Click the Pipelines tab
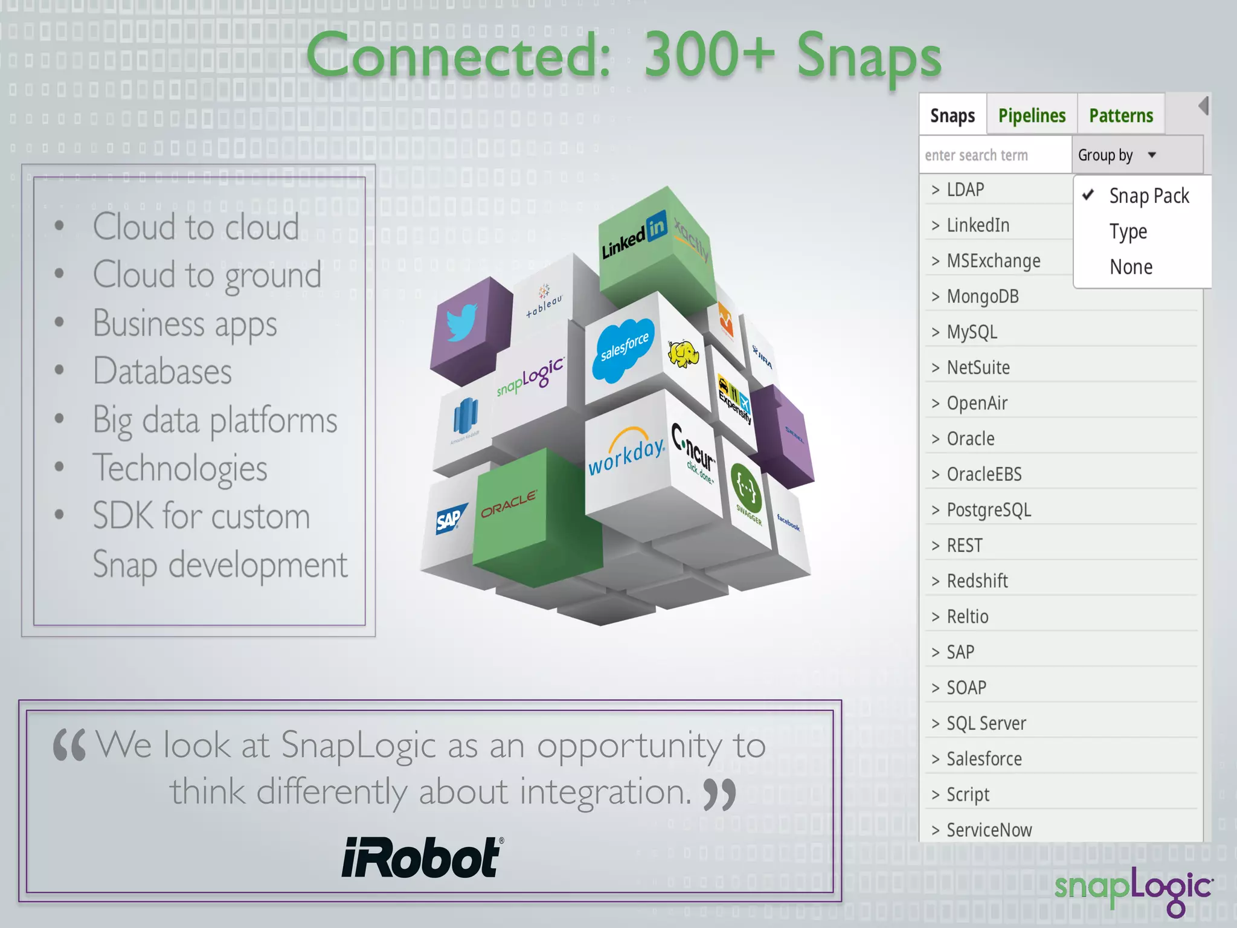pos(1032,115)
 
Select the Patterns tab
pos(1120,115)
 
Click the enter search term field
pos(994,155)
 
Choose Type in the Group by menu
pos(1128,232)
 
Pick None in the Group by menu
pos(1131,267)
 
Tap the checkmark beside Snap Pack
pos(1088,195)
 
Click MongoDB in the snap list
pos(982,297)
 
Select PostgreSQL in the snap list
pos(988,510)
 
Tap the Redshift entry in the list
pos(977,581)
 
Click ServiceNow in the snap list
pos(989,830)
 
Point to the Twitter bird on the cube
pos(462,323)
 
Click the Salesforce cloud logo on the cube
pos(624,349)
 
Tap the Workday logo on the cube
pos(626,452)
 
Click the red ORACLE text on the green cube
pos(509,503)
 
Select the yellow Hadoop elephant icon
pos(683,354)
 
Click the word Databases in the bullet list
pos(162,371)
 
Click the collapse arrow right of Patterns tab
pos(1203,106)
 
